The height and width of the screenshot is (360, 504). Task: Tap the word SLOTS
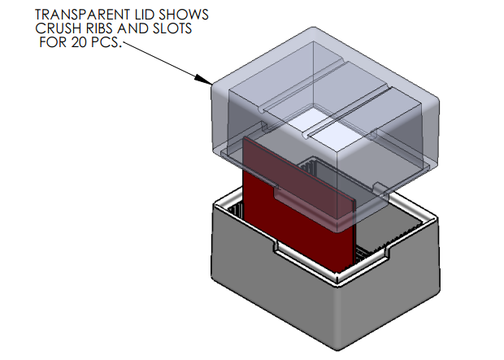(177, 28)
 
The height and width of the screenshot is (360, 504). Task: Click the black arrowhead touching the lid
(205, 79)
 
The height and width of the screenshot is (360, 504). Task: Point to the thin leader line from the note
(163, 62)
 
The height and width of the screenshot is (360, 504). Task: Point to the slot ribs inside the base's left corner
(235, 212)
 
